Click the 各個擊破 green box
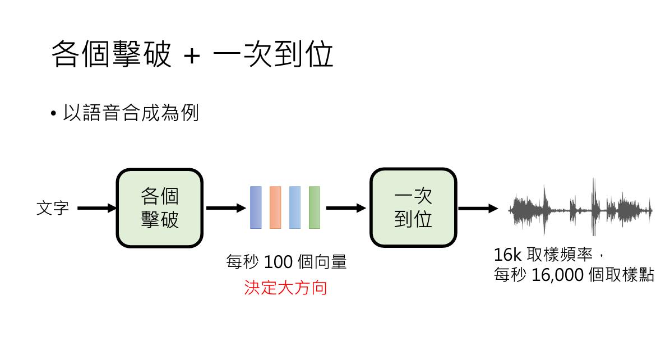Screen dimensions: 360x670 [159, 208]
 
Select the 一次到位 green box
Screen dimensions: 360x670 [413, 208]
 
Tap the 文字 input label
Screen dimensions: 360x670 [53, 209]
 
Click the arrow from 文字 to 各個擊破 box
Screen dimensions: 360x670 [96, 209]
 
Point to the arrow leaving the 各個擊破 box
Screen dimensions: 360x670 [226, 208]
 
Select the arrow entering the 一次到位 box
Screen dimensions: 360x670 [345, 208]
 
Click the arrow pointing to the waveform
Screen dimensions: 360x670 [478, 209]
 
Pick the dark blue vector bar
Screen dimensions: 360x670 [256, 207]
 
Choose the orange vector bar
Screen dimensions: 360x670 [275, 207]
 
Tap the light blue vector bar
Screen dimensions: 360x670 [295, 207]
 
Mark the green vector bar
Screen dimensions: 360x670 [315, 207]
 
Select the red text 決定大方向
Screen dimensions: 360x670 [285, 288]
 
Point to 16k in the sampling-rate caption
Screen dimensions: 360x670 [507, 255]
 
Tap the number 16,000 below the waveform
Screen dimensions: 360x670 [558, 275]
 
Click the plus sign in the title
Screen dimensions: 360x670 [191, 56]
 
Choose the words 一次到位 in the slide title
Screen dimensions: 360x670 [274, 55]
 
